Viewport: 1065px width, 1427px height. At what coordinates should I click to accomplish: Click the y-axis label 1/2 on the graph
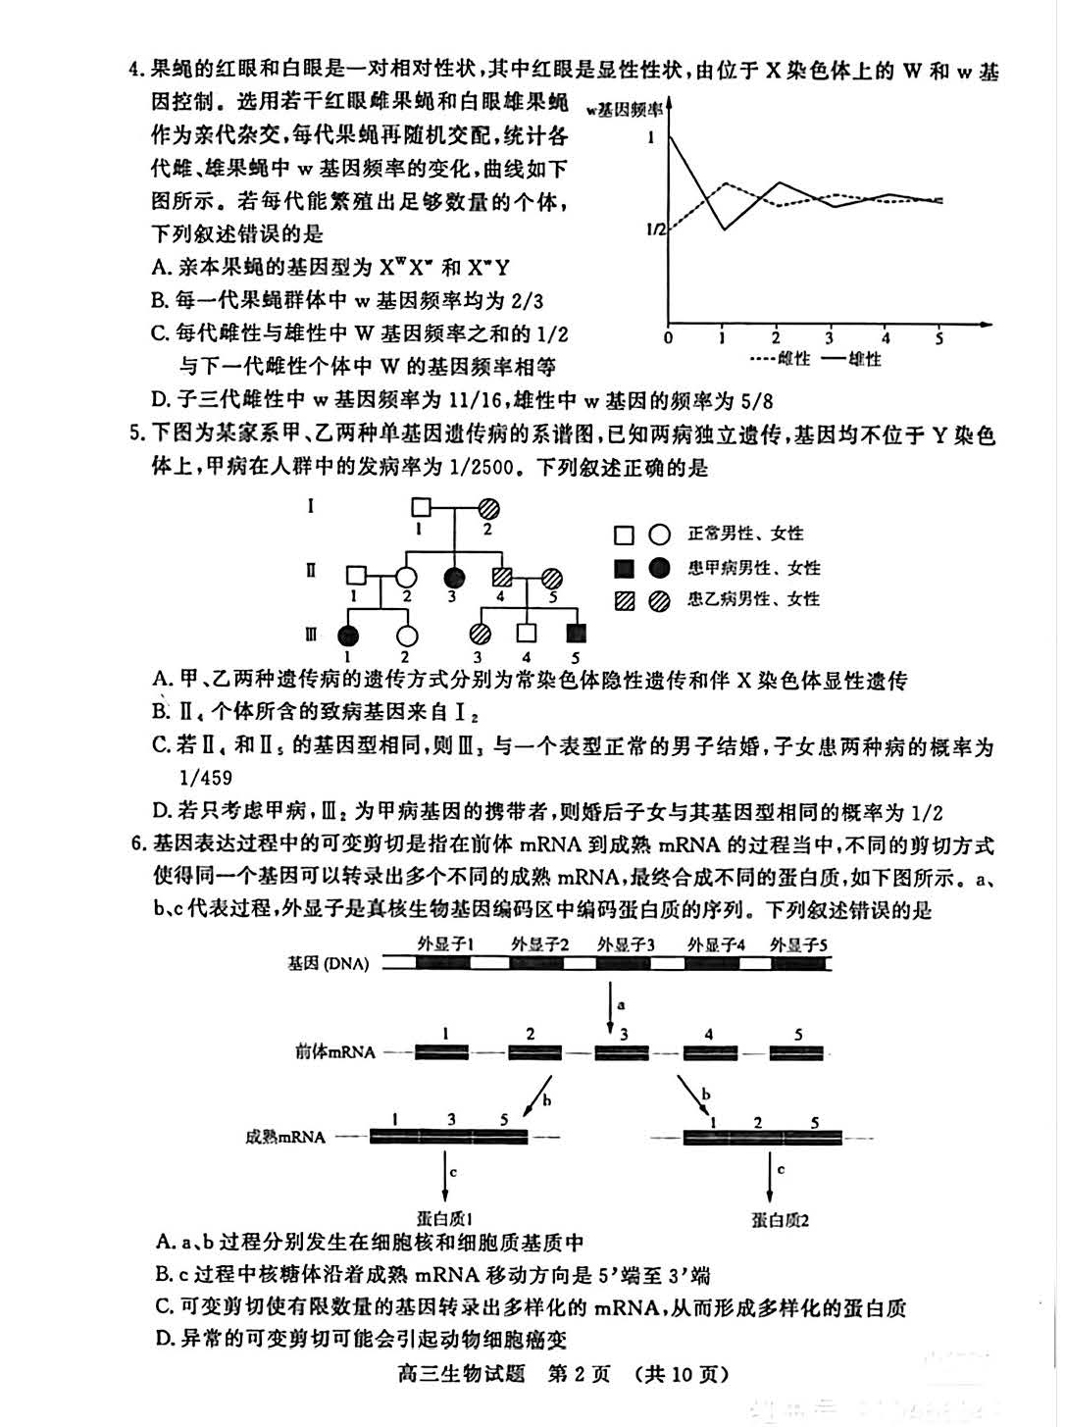(x=655, y=229)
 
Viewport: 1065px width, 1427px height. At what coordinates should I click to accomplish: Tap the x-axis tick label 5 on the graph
(x=938, y=337)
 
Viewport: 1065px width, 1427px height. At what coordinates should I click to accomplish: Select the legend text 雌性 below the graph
(x=794, y=359)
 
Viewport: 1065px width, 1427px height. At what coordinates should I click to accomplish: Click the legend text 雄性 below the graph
(x=865, y=359)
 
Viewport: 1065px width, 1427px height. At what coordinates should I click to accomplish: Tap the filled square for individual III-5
(x=576, y=635)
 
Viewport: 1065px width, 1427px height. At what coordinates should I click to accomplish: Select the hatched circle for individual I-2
(x=488, y=508)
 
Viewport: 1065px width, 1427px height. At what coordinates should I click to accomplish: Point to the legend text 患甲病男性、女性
(x=753, y=568)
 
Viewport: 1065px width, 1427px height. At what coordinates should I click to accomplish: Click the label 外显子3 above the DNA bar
(x=626, y=944)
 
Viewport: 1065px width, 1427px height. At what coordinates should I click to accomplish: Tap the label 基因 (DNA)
(x=329, y=963)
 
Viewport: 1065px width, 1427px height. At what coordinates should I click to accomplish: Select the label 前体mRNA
(x=334, y=1051)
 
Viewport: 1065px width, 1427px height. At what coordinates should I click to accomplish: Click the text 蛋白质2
(x=780, y=1219)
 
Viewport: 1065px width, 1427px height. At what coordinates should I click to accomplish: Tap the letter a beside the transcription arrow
(x=621, y=1003)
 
